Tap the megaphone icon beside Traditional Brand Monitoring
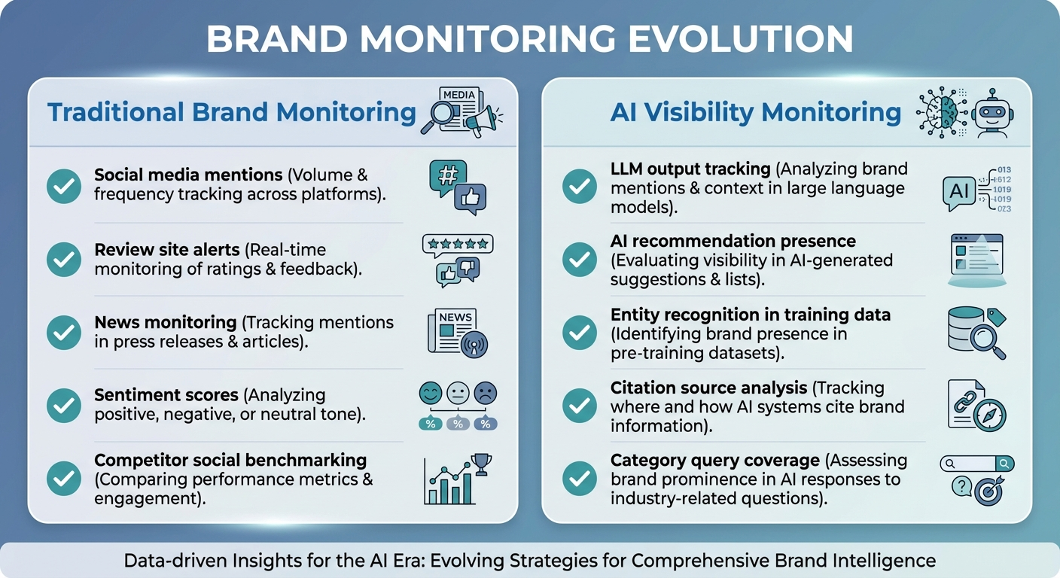pos(482,118)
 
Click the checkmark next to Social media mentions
pos(64,185)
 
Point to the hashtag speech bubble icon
pos(447,176)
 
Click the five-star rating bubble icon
pos(457,244)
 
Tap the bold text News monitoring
pos(165,322)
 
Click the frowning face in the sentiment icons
pos(486,392)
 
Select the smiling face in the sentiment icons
pos(430,392)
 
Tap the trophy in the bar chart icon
pos(480,461)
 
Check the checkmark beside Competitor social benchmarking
pos(64,477)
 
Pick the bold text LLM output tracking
pos(690,169)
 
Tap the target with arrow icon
pos(987,491)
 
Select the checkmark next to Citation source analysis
pos(580,406)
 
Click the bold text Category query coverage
pos(714,460)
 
